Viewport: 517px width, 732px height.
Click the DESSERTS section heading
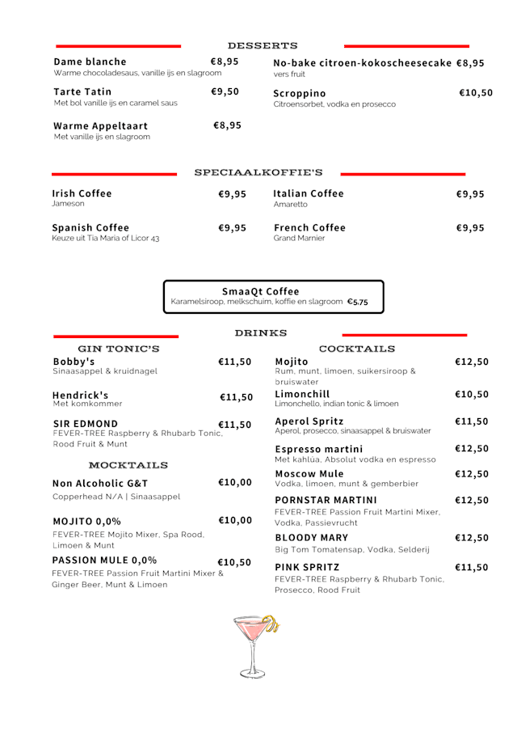[x=263, y=45]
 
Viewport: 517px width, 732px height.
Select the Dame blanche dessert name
[x=90, y=61]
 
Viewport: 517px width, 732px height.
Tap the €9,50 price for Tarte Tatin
[x=225, y=91]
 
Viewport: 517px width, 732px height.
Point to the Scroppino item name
[x=300, y=93]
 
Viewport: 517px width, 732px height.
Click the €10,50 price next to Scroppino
[x=475, y=93]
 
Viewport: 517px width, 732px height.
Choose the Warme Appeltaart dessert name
[x=101, y=125]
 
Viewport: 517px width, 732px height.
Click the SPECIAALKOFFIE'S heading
[x=258, y=172]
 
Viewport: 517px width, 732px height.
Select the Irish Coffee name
[x=82, y=193]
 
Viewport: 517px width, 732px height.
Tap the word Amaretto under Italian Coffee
[x=291, y=205]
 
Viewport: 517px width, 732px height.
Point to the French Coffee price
[x=470, y=228]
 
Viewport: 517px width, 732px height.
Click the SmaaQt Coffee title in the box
[x=260, y=291]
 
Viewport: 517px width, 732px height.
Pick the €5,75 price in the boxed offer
[x=357, y=302]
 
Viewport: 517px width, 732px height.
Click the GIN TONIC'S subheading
[x=118, y=349]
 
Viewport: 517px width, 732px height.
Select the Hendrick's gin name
[x=81, y=396]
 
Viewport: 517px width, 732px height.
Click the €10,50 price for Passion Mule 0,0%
[x=234, y=562]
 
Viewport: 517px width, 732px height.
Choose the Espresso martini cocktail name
[x=319, y=449]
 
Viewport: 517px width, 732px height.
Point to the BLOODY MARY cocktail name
[x=312, y=537]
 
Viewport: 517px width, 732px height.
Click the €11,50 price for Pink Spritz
[x=471, y=568]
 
